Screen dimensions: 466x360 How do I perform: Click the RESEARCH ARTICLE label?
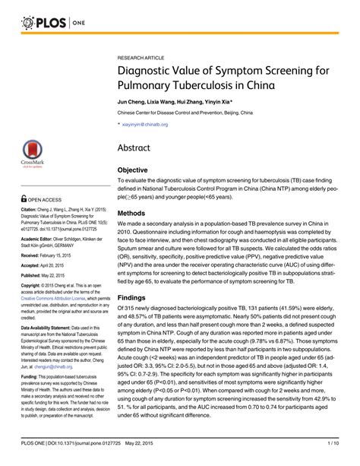tap(144, 57)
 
